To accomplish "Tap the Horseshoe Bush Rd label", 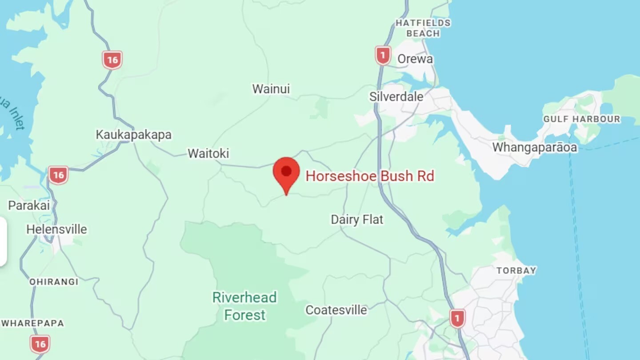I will click(369, 176).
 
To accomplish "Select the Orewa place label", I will click(415, 59).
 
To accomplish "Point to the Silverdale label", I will click(396, 96).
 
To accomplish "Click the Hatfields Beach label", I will click(423, 28).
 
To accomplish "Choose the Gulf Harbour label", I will click(581, 119).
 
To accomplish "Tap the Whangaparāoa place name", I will click(534, 147).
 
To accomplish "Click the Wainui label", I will click(271, 89).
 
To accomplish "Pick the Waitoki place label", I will click(208, 153).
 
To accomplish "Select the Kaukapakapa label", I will click(133, 135).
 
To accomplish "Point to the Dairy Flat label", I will click(357, 219).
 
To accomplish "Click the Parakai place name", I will click(29, 205).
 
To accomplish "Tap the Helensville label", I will click(56, 229).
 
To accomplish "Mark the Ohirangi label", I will click(53, 282).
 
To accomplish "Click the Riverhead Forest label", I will click(244, 306).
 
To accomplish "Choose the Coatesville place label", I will click(336, 310).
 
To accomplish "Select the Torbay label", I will click(516, 270).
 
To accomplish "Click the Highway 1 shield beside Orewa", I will click(383, 56).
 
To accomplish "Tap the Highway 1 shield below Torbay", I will click(457, 318).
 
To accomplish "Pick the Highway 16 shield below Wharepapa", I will click(40, 344).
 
